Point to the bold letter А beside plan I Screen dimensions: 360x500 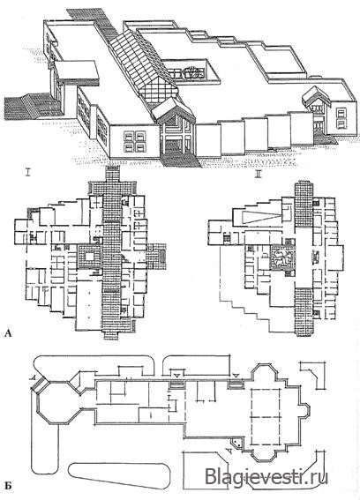tap(8, 334)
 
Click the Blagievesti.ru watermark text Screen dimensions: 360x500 tap(266, 477)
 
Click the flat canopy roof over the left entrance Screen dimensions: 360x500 tap(77, 71)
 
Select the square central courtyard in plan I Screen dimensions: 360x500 tap(89, 256)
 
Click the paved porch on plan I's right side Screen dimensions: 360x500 tap(157, 256)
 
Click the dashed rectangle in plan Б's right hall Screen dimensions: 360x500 tap(266, 416)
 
